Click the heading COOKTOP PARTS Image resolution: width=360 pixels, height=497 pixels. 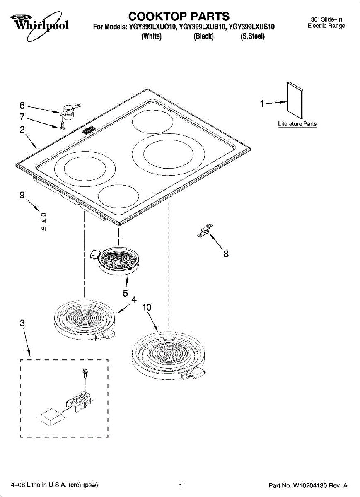179,16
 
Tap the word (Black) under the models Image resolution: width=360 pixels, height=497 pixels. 203,36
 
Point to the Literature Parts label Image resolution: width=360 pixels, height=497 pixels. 297,124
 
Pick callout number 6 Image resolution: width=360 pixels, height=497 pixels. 22,105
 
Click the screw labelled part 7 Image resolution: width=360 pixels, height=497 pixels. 62,124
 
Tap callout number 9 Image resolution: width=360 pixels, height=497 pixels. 22,195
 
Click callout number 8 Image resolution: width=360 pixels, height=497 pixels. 226,254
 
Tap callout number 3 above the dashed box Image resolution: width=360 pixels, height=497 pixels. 22,323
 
